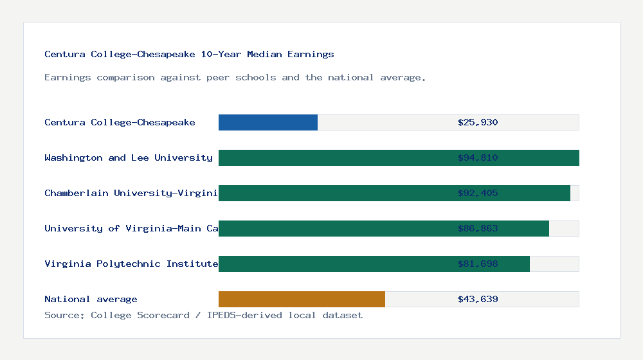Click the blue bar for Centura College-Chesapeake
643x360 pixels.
(x=268, y=122)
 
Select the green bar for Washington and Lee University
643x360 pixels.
(x=334, y=157)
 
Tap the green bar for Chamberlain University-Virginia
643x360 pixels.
(x=334, y=193)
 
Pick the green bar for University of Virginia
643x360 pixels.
(x=334, y=228)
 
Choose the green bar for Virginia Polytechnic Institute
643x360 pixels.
(x=334, y=264)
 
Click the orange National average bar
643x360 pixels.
(x=302, y=299)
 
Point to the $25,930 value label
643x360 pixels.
(x=478, y=122)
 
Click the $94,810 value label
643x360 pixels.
(x=478, y=157)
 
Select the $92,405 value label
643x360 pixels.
(x=478, y=193)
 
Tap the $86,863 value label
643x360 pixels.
(x=478, y=228)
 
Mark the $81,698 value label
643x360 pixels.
(x=478, y=264)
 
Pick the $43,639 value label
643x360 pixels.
(x=478, y=299)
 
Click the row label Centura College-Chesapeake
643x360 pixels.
(x=120, y=122)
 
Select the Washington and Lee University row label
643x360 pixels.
(x=129, y=157)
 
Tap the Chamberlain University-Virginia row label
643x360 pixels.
(x=131, y=193)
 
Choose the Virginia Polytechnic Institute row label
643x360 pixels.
(x=131, y=264)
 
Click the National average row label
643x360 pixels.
(x=91, y=299)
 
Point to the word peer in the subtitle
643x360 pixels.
(x=218, y=77)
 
